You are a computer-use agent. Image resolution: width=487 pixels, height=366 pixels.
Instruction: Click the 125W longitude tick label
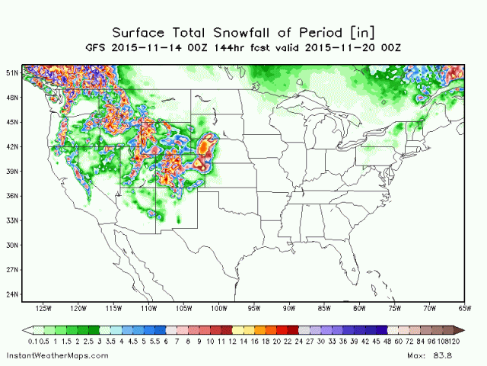pyautogui.click(x=43, y=309)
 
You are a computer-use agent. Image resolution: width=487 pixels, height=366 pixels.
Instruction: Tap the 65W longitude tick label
pyautogui.click(x=464, y=309)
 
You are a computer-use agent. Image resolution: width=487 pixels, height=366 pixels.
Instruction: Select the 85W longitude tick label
pyautogui.click(x=324, y=309)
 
